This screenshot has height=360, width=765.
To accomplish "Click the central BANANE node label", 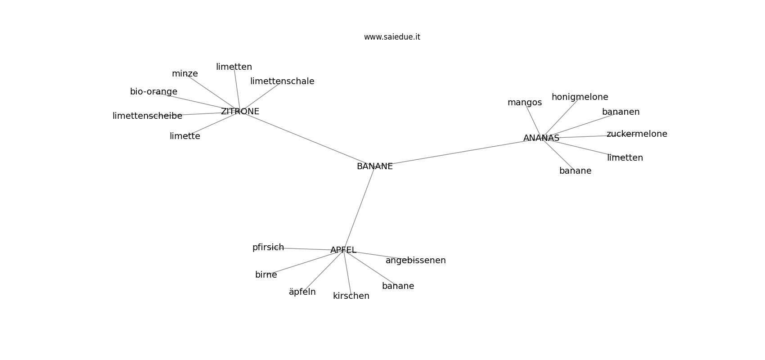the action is coord(375,166).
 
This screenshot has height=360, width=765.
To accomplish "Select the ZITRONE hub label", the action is coord(240,111).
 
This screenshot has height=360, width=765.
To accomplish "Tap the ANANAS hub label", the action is coord(541,138).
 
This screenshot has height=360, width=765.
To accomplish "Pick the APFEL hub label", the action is coord(343,250).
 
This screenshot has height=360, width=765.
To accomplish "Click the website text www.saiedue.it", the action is coord(392,37).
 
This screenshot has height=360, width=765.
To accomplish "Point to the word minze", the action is coord(185,74).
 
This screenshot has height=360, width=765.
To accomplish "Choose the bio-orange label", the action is coord(154,91).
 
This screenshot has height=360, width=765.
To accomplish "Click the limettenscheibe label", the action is coord(147,116).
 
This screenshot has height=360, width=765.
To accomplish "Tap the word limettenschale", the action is coord(282,81).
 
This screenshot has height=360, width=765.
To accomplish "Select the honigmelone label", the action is coord(580,97).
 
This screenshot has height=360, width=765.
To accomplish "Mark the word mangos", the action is coord(525,103).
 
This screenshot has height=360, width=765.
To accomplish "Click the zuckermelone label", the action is coord(637,134).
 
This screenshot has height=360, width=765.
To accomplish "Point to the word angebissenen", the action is coord(416,260).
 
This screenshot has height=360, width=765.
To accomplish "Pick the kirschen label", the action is coord(351,296).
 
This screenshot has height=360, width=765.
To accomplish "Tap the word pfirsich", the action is coord(268,247).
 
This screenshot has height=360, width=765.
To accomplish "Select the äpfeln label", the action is coord(302,292).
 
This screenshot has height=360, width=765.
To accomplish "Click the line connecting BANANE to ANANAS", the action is coord(458,153).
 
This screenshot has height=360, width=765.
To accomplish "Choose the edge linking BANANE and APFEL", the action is coord(359,208).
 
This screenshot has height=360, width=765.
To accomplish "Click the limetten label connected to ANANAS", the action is coord(625,158).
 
